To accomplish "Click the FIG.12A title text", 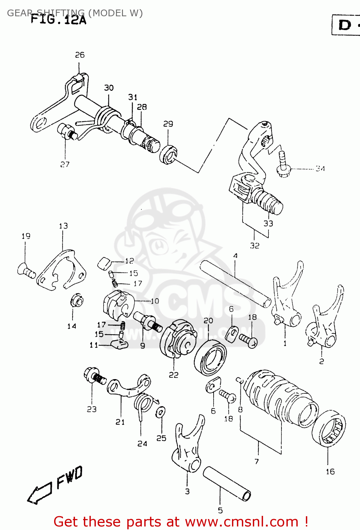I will coord(58,19).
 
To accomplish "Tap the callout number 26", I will coord(80,55).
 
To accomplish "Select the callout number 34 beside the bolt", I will coord(320,169).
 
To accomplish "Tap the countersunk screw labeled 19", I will coord(25,270).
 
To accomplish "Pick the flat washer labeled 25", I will coord(161,412).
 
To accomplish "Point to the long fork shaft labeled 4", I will coord(235,283).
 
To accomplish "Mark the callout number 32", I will coord(255,246).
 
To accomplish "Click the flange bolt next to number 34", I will coord(283,164).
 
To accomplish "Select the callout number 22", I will coord(173,375).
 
